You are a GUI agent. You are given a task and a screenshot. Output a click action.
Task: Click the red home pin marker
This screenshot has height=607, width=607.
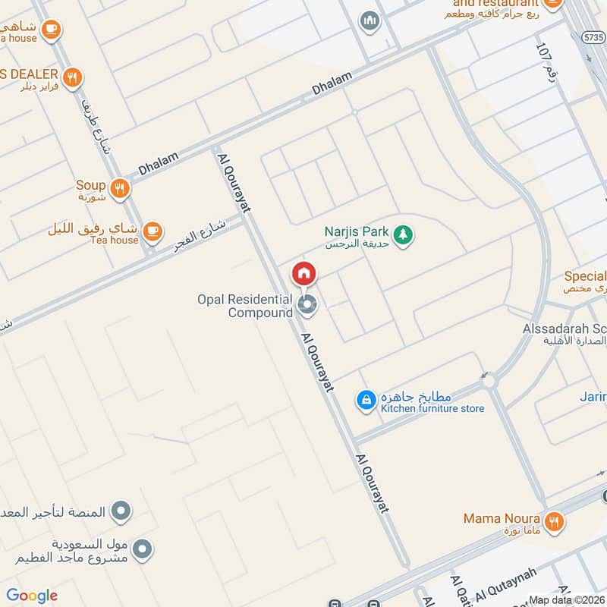pos(303,273)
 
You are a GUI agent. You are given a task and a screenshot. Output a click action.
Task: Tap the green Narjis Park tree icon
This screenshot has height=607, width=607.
pos(404,235)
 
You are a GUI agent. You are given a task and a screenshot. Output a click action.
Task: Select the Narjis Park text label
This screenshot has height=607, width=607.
pos(357,237)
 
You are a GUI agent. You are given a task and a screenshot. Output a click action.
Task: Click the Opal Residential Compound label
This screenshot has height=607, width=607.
pos(245,306)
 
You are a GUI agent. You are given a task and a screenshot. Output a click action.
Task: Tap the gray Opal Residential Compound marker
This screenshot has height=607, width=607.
pos(307,306)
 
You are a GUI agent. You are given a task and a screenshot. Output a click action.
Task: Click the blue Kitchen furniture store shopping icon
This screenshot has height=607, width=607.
pos(366,400)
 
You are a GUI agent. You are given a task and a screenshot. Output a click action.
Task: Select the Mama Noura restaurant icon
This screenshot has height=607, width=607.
pos(555,521)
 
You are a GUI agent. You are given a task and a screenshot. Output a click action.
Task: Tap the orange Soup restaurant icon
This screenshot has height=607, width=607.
pos(119,189)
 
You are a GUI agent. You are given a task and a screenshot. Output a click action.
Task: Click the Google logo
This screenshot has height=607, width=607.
pos(32,596)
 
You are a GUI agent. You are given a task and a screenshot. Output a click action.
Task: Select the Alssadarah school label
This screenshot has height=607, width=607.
pos(565,335)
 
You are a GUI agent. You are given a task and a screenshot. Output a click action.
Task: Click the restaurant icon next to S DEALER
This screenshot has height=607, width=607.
pos(73,77)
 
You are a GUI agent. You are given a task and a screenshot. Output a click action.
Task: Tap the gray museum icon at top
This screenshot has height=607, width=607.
pos(370,20)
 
